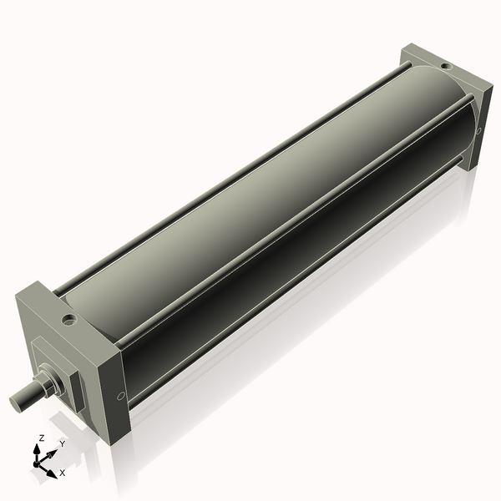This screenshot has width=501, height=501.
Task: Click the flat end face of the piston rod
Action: point(16,402)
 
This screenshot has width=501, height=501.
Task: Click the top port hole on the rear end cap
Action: point(446,63)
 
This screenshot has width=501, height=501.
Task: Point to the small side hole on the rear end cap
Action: point(478,131)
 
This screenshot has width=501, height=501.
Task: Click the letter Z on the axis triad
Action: point(41,438)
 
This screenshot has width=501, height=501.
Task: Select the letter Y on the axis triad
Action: point(62,444)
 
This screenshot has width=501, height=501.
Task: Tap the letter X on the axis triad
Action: point(62,473)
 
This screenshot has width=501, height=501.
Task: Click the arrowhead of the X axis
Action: point(51,469)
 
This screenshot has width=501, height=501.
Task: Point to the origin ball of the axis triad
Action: point(37,464)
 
